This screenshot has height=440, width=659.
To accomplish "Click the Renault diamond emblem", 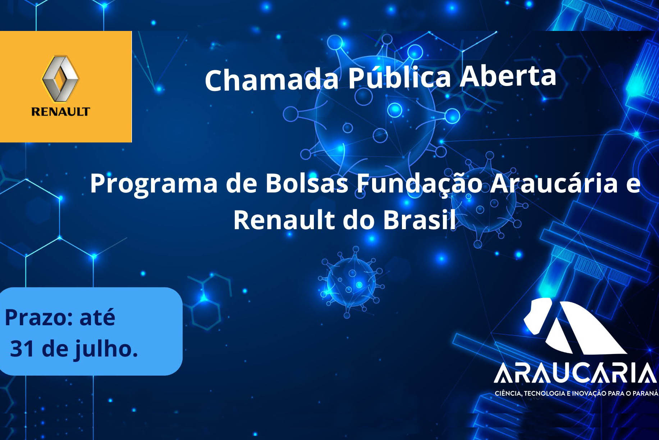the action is pyautogui.click(x=60, y=78).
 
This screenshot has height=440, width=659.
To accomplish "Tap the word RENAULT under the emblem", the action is pyautogui.click(x=60, y=112).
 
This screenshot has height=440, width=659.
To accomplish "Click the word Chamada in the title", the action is pyautogui.click(x=272, y=79).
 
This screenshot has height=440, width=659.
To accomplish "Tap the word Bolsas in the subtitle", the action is pyautogui.click(x=307, y=183).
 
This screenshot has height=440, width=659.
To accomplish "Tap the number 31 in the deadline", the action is pyautogui.click(x=22, y=349).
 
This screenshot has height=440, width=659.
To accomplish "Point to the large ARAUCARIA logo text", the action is pyautogui.click(x=576, y=373).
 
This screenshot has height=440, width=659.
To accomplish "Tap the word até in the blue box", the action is pyautogui.click(x=97, y=317).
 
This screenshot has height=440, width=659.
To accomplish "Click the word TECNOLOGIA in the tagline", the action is pyautogui.click(x=544, y=393).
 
